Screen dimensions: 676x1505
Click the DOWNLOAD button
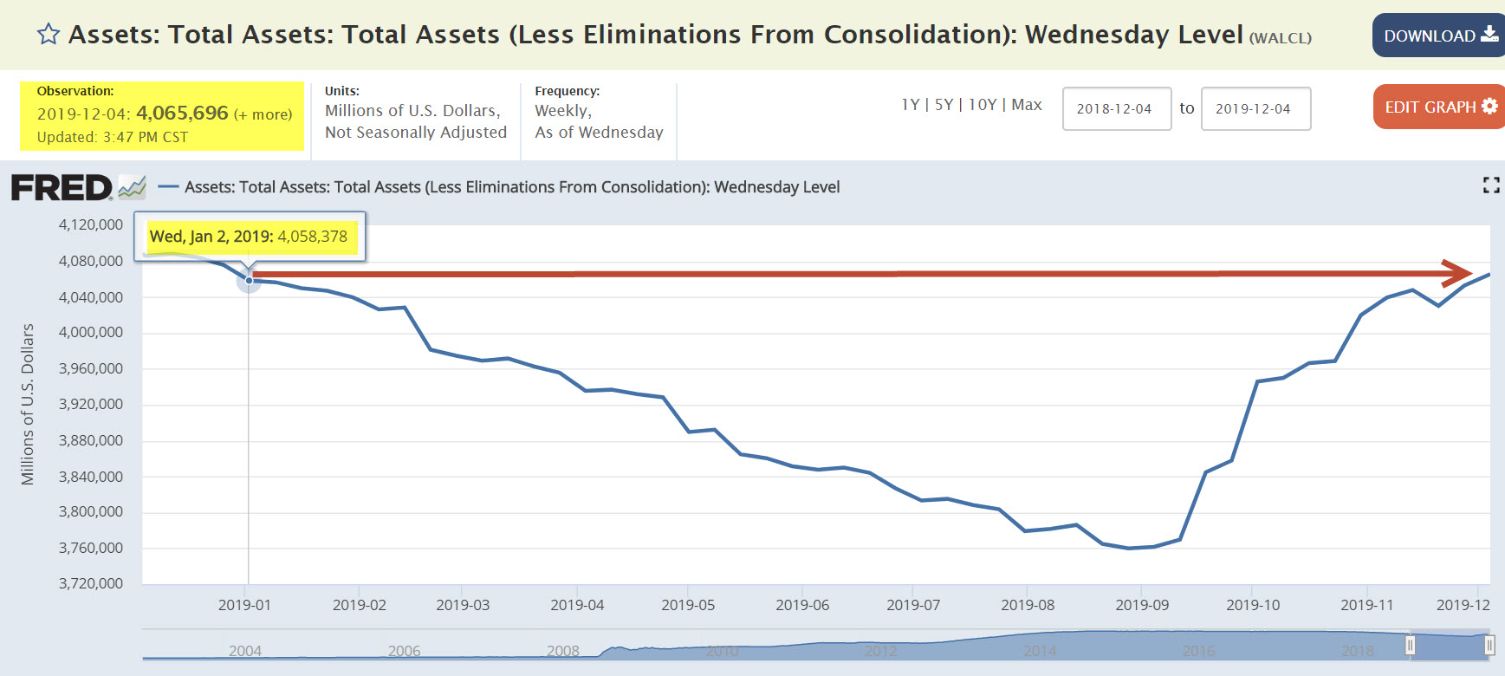click(1438, 36)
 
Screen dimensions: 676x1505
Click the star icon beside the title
click(49, 35)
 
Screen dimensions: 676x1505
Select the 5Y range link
click(944, 105)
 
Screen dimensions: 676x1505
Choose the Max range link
click(1027, 105)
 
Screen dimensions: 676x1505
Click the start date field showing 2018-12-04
click(1116, 108)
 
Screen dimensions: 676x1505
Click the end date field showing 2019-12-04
click(1255, 108)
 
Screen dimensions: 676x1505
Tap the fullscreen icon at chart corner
click(1490, 185)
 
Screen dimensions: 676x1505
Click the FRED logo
click(62, 187)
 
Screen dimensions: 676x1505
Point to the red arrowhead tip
click(1469, 273)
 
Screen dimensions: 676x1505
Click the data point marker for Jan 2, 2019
click(249, 280)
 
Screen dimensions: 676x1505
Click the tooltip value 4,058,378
click(312, 237)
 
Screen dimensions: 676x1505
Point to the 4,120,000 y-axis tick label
click(91, 225)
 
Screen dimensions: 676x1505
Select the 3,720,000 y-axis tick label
click(91, 583)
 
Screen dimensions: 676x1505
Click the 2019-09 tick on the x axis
click(1141, 605)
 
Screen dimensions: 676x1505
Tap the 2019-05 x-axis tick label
click(688, 605)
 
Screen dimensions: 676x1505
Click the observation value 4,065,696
click(182, 114)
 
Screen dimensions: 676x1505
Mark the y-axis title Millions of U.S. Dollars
click(28, 404)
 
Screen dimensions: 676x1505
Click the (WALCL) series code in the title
click(1280, 38)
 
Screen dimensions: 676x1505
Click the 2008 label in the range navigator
click(563, 651)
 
